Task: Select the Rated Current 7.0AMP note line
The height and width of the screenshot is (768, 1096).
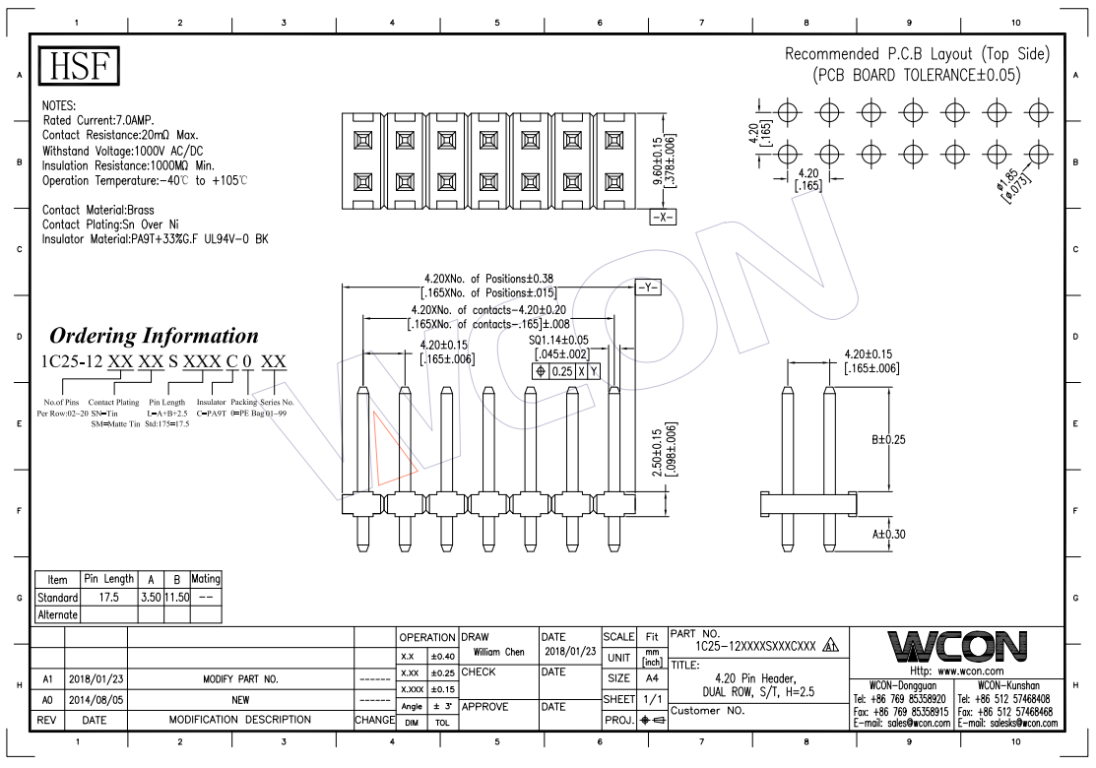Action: click(x=97, y=119)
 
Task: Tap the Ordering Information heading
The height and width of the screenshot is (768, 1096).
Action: click(x=154, y=336)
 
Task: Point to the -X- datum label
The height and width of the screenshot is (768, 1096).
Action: click(x=663, y=218)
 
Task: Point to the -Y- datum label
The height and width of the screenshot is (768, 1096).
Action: click(x=647, y=288)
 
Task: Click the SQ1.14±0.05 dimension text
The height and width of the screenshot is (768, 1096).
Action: click(x=558, y=339)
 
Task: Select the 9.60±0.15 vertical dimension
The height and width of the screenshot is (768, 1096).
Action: click(x=658, y=158)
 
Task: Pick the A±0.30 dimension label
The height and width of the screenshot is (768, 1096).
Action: click(x=887, y=534)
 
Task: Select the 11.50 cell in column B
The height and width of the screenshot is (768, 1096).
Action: click(x=176, y=598)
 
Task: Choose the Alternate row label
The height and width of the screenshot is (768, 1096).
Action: click(x=57, y=614)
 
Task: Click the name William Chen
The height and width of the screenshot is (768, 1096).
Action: click(x=498, y=652)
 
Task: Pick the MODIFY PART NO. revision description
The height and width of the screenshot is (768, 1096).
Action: click(x=240, y=679)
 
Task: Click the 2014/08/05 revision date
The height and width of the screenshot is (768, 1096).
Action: click(x=95, y=699)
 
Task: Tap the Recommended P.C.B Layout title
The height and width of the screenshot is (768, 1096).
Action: click(x=916, y=54)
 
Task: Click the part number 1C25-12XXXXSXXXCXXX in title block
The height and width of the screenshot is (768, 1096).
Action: click(x=755, y=646)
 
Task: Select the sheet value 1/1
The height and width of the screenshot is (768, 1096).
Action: click(x=651, y=698)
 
